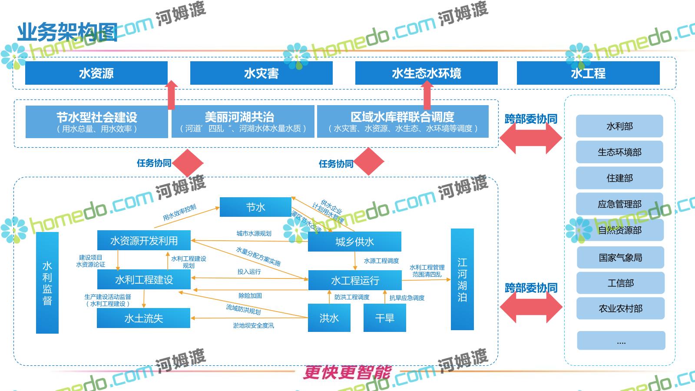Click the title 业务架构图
pos(67,33)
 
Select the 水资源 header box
pos(96,73)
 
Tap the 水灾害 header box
pos(261,73)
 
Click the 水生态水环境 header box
pos(426,73)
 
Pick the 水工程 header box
pos(588,73)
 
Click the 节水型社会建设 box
pos(96,122)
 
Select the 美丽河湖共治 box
pos(243,122)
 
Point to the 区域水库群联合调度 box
pos(403,122)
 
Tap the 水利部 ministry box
pos(619,126)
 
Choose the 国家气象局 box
pos(620,258)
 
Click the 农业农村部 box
pos(620,308)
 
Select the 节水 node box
pos(255,207)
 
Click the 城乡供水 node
pos(354,242)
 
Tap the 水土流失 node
pos(143,318)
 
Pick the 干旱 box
pos(384,318)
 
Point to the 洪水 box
pos(329,318)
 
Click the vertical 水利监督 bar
pos(47,283)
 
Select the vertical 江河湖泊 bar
pos(462,279)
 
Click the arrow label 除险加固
pos(250,296)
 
